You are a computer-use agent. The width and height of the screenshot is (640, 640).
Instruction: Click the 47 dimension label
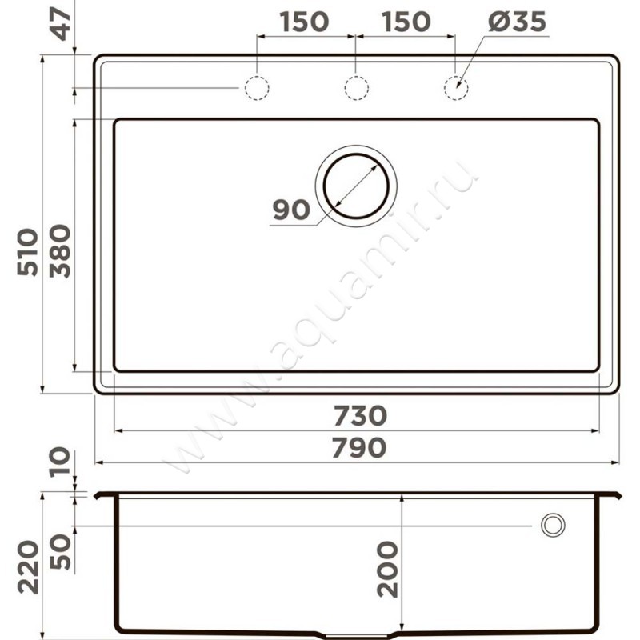[x=62, y=24]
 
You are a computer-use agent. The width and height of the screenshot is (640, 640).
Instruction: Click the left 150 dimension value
[x=304, y=22]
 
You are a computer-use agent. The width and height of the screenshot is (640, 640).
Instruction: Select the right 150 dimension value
[x=406, y=22]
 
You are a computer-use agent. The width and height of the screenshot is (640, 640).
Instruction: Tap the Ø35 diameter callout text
[x=517, y=22]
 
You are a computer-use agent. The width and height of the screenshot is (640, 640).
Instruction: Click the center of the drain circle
[x=356, y=186]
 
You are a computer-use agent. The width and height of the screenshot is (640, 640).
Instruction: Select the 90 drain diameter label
[x=291, y=210]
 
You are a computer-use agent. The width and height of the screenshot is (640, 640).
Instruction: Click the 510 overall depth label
[x=28, y=252]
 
